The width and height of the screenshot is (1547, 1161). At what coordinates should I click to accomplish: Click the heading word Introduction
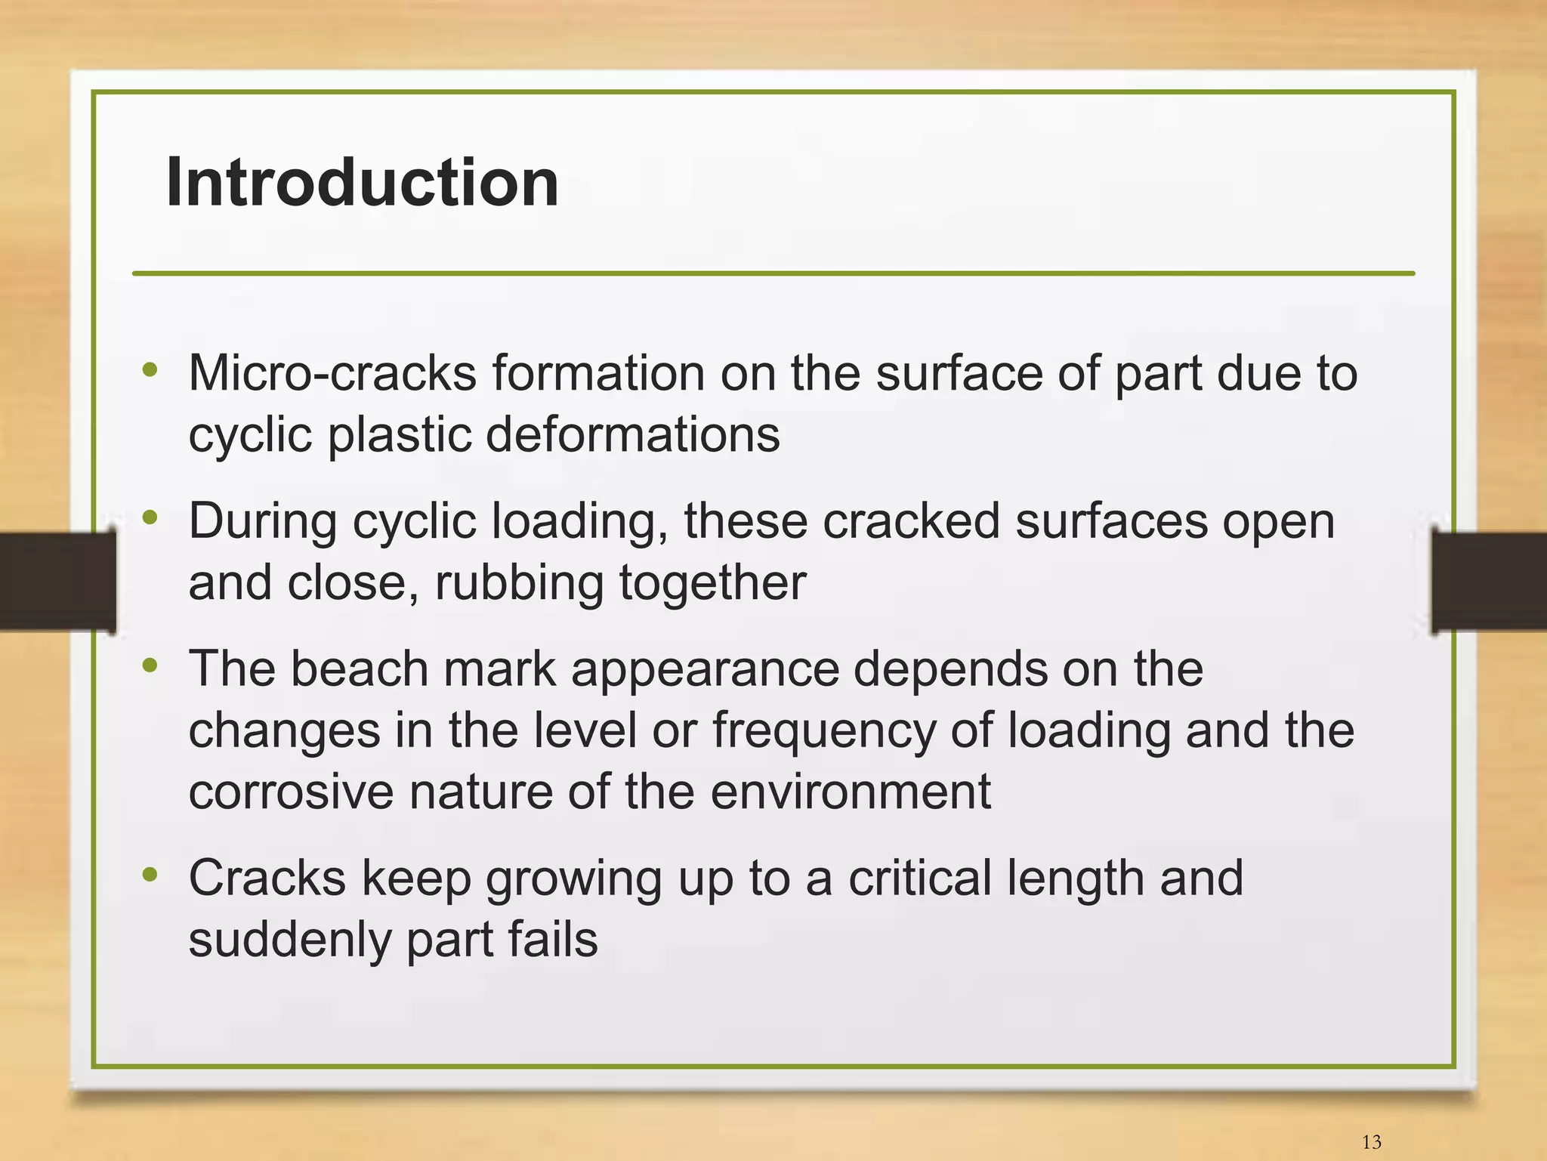(x=362, y=183)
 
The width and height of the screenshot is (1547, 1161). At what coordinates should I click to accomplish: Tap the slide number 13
(x=1371, y=1142)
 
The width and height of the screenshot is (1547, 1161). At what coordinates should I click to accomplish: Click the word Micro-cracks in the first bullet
(x=332, y=373)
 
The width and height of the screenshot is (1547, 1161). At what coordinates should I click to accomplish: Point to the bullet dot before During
(x=150, y=517)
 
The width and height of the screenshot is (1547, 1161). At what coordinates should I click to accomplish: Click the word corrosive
(x=291, y=792)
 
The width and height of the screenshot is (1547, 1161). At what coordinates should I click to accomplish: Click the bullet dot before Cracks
(x=150, y=875)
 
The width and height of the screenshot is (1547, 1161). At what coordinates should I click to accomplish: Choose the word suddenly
(x=289, y=940)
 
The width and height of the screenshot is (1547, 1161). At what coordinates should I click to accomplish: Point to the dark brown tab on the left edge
(x=57, y=580)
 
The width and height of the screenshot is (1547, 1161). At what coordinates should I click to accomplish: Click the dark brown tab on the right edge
(x=1489, y=580)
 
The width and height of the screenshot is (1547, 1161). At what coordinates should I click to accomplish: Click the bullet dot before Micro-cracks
(x=150, y=369)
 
